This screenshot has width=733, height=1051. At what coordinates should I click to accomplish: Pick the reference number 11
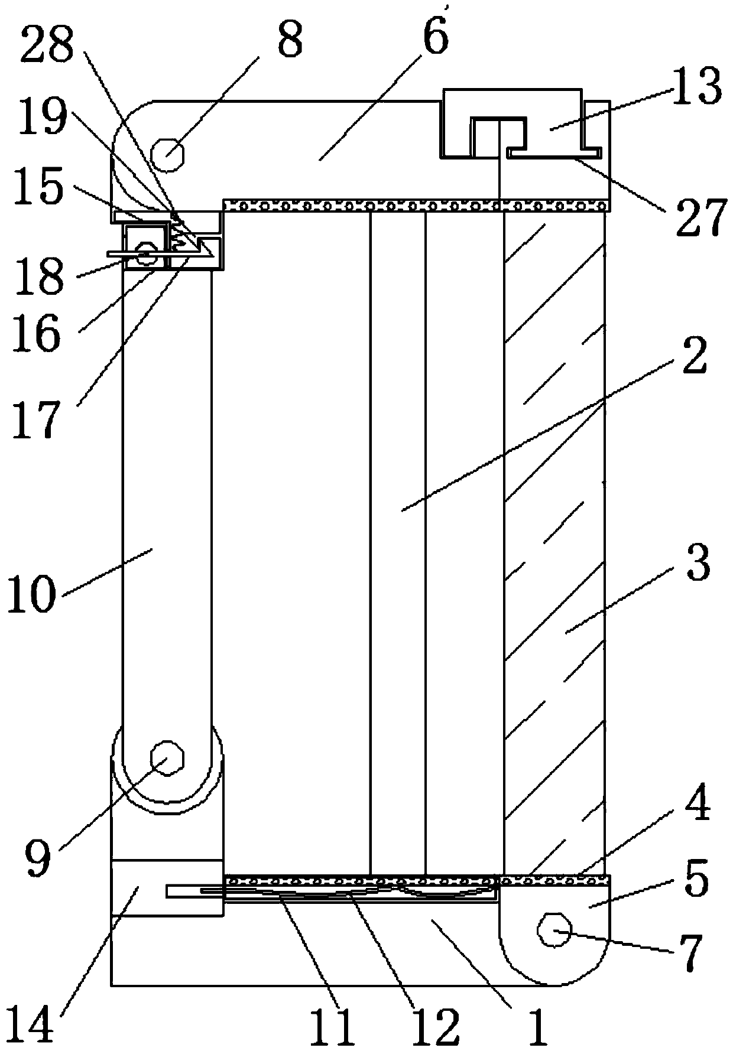334,1027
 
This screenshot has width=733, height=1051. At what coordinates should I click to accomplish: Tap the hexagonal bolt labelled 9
168,759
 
